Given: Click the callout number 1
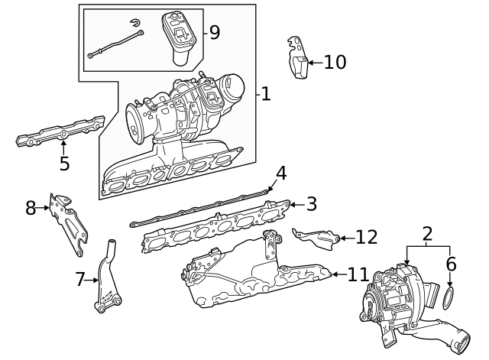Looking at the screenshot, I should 265,95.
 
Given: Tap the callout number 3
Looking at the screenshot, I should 311,204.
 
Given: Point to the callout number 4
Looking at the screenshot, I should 281,174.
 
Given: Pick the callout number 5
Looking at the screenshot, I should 64,163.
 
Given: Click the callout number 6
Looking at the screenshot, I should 451,264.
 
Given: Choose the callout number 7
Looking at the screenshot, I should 80,280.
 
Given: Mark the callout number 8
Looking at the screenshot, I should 31,207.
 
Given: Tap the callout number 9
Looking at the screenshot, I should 214,32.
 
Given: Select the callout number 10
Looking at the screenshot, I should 335,62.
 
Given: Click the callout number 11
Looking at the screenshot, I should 358,274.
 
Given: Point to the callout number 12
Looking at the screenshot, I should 366,237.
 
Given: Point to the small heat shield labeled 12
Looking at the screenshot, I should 317,237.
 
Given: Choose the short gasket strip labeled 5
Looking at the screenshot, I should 60,132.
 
